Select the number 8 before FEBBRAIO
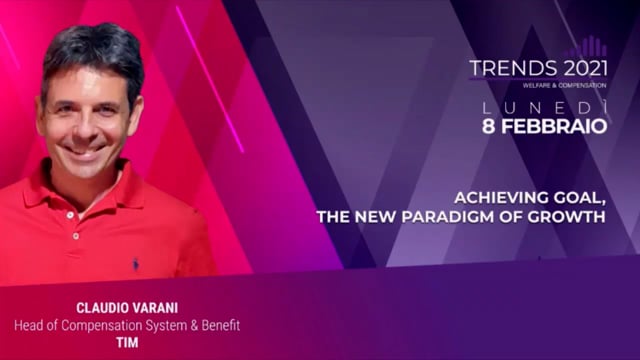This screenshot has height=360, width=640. click(491, 126)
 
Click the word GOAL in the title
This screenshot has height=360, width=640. click(580, 197)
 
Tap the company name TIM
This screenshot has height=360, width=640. click(126, 342)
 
